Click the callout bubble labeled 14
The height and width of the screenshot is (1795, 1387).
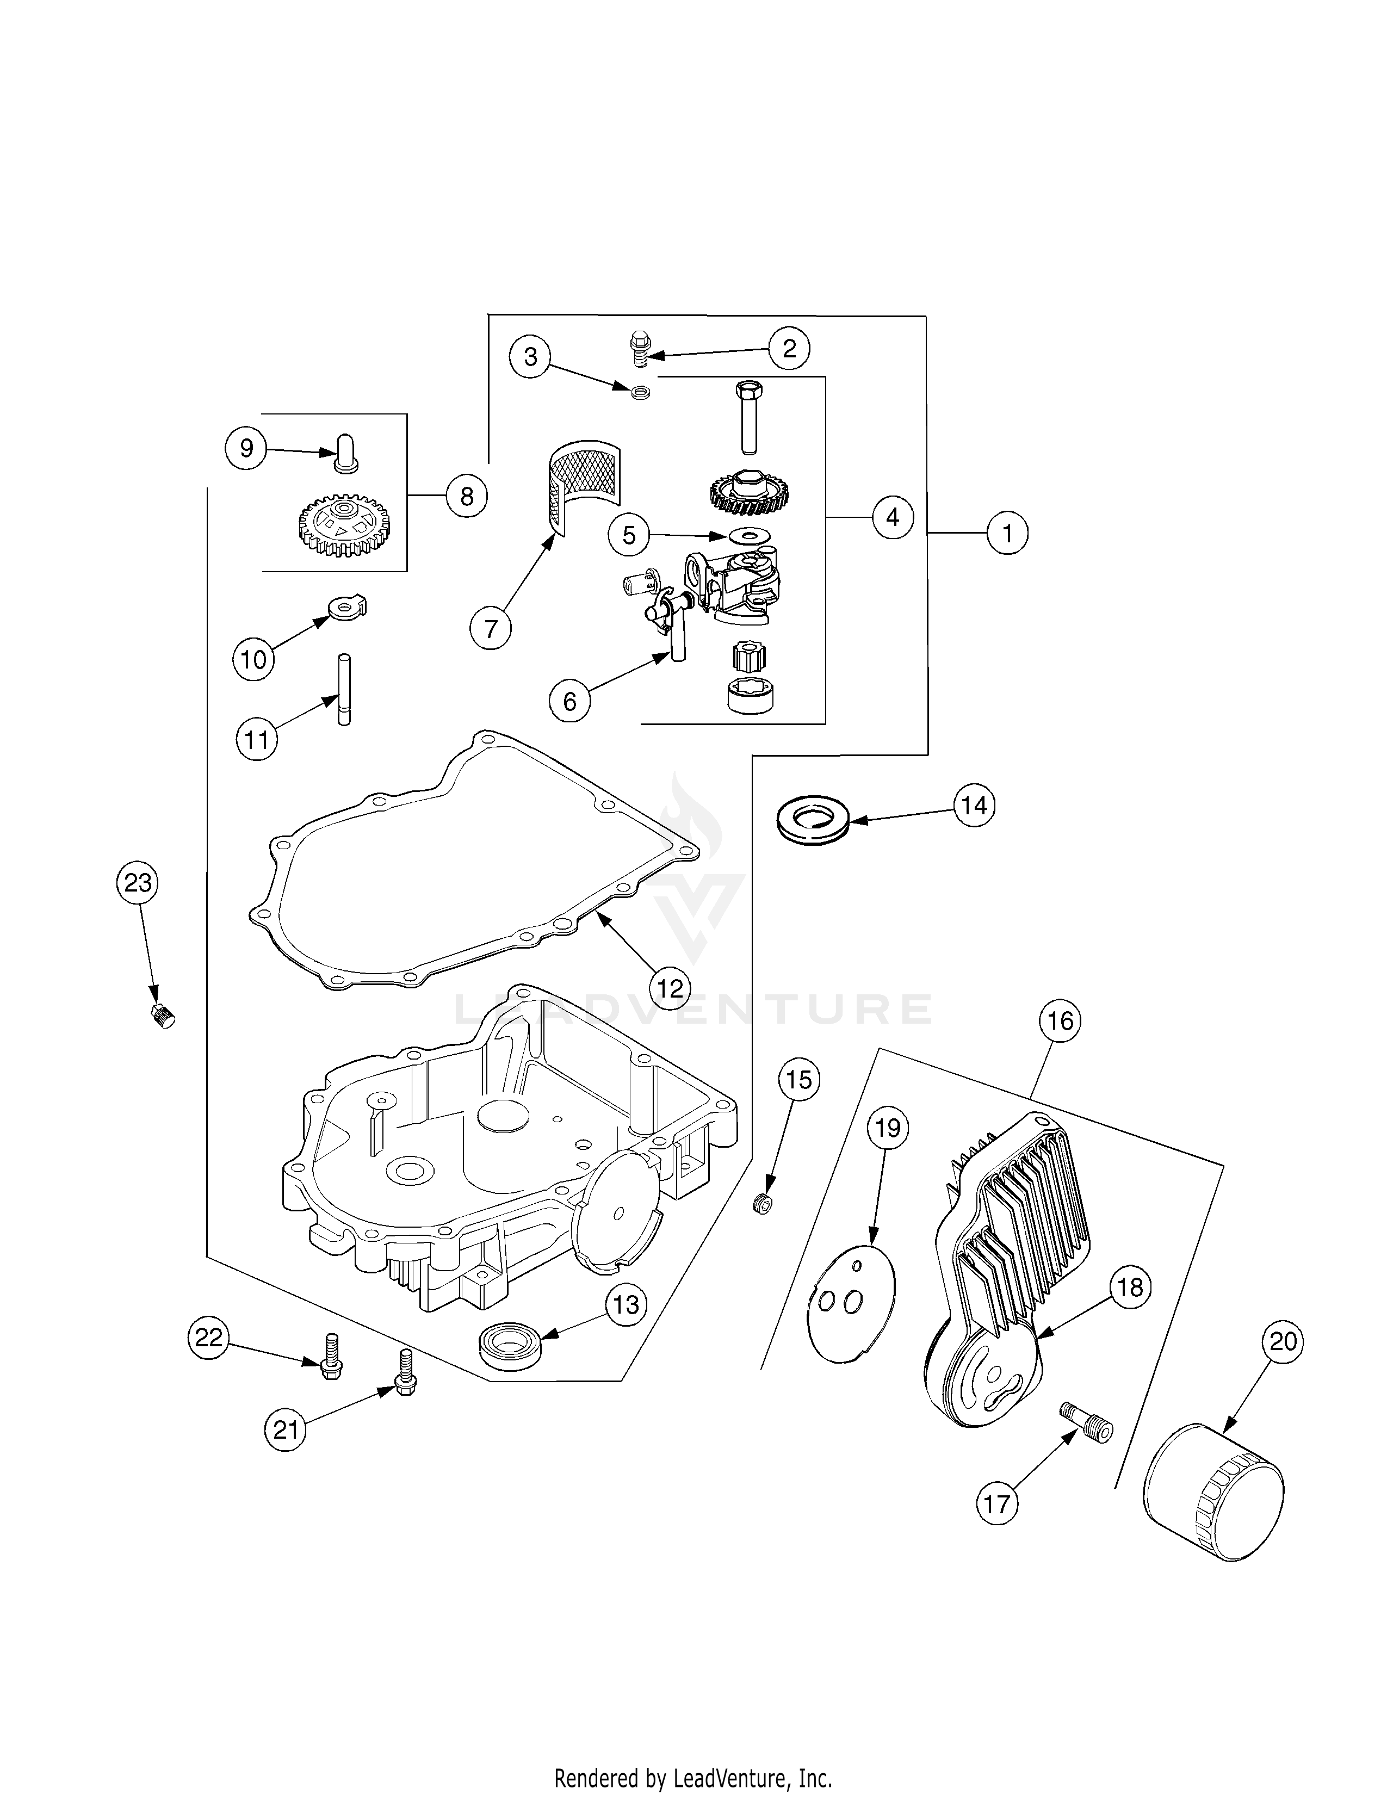pyautogui.click(x=974, y=806)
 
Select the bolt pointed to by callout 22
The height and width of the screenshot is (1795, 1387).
pyautogui.click(x=330, y=1365)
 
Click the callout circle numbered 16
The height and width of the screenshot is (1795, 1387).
pyautogui.click(x=1060, y=1021)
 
